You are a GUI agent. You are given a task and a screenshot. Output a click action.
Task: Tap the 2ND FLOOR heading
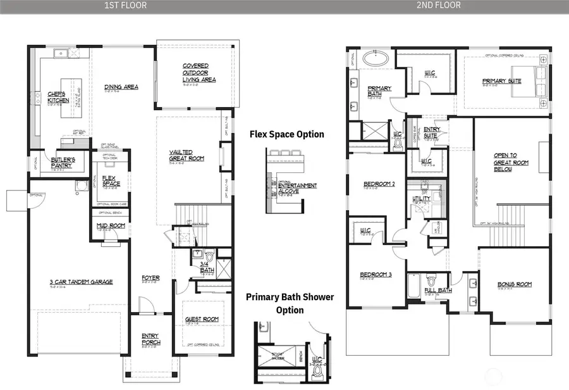[438, 5]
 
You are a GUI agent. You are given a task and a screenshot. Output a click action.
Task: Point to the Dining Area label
[121, 87]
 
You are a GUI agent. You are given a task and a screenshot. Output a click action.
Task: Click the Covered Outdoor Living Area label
[199, 73]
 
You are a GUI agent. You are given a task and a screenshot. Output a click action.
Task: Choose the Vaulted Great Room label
[187, 155]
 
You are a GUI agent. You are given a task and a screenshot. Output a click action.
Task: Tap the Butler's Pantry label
[63, 163]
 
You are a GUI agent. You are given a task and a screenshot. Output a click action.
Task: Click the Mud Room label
[110, 226]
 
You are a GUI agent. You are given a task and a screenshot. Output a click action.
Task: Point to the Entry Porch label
[150, 339]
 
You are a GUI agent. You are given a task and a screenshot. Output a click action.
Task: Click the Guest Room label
[202, 320]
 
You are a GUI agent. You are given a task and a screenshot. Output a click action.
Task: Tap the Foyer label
[150, 278]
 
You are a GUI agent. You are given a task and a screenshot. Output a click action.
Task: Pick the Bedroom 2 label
[379, 185]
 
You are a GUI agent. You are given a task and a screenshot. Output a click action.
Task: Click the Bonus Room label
[514, 285]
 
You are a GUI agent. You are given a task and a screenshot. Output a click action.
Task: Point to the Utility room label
[421, 199]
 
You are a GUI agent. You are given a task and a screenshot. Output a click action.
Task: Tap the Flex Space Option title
[287, 134]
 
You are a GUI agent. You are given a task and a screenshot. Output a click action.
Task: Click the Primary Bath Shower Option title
[290, 303]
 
